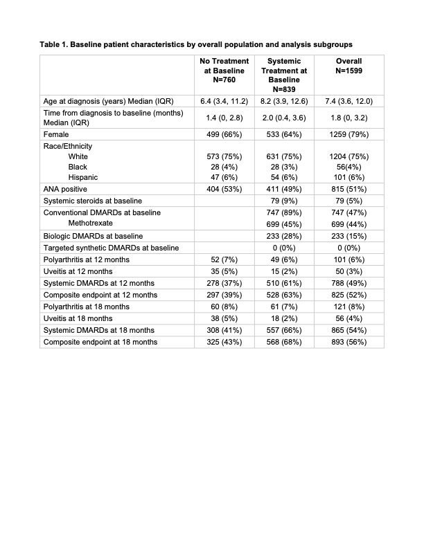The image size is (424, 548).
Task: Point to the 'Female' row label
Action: [56, 134]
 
